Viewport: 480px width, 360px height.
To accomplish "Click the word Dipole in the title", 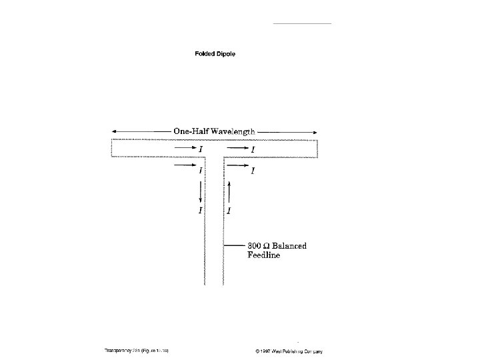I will point(227,54).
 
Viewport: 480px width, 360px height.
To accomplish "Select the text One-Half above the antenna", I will point(189,131).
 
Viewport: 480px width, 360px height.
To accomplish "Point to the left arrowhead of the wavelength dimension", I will point(115,131).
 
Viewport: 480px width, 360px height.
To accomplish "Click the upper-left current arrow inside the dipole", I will point(184,149).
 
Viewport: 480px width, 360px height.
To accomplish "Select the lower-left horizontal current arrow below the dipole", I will point(184,163).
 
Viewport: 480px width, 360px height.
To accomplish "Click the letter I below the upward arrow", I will point(229,211).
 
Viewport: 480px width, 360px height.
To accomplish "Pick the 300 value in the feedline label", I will point(256,246).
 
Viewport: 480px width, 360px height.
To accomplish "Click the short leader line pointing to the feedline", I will point(237,246).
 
